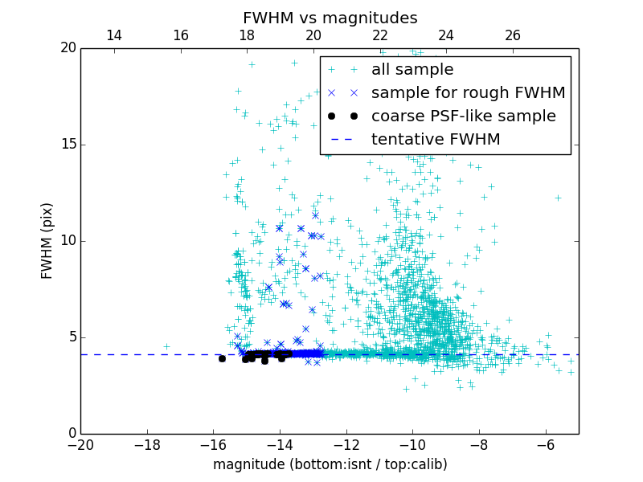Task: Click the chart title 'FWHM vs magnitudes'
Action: [330, 18]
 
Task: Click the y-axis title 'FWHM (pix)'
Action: [47, 240]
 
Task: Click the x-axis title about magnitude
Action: [330, 464]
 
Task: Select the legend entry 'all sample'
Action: [412, 70]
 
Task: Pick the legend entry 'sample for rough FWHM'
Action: [468, 92]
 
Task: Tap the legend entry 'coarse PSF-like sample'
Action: [463, 116]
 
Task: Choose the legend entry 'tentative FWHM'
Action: [435, 139]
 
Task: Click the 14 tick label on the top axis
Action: [114, 35]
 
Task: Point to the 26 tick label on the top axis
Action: [513, 35]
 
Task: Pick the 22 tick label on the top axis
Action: [380, 35]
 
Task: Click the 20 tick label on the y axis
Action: [67, 48]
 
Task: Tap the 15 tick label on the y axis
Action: [67, 145]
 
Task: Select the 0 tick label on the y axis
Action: [71, 434]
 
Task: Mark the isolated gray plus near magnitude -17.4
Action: [166, 347]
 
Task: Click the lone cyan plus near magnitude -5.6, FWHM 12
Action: [558, 197]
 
